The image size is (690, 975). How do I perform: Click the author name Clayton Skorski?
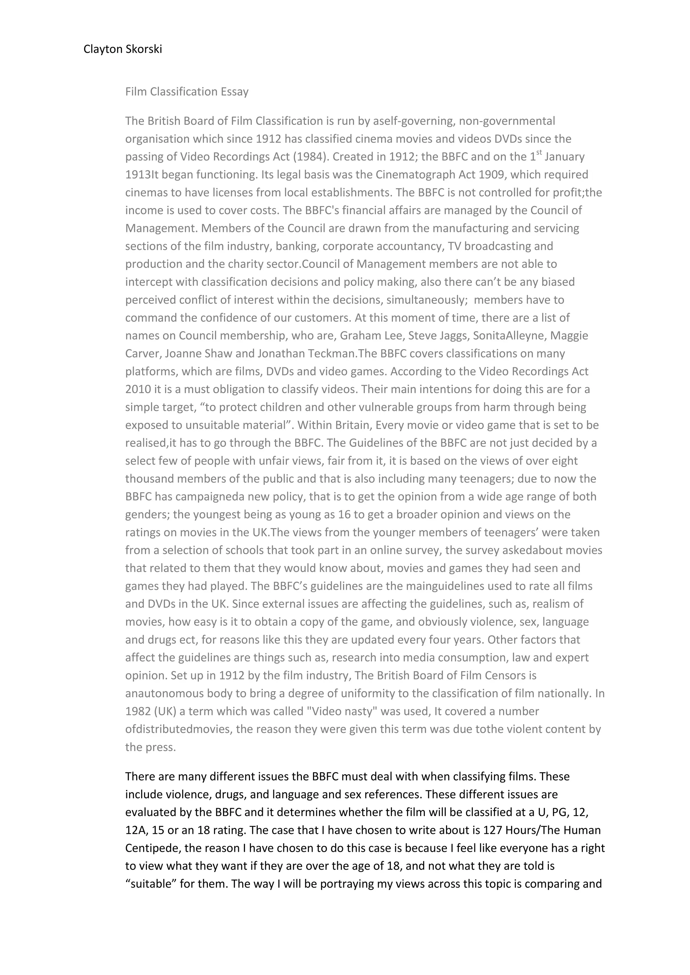coord(122,49)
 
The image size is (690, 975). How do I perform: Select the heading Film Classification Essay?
coord(187,92)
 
